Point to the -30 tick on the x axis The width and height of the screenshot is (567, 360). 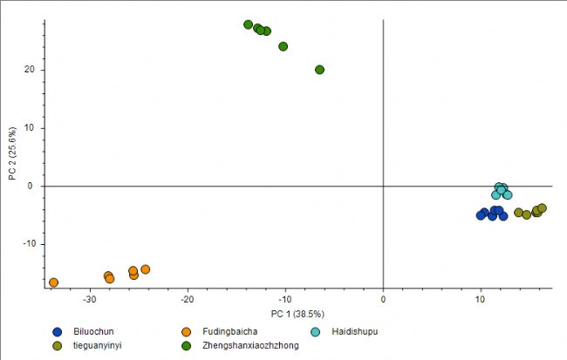(89, 299)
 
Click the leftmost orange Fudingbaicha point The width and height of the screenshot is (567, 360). (53, 282)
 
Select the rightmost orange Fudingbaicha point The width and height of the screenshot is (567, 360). (146, 269)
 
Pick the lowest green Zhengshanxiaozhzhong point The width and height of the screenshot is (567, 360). (320, 70)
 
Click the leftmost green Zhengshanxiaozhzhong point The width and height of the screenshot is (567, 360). (249, 24)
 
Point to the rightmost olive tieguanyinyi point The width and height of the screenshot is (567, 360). (542, 208)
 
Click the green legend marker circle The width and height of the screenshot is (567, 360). (187, 346)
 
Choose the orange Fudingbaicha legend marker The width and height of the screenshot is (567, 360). (187, 331)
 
